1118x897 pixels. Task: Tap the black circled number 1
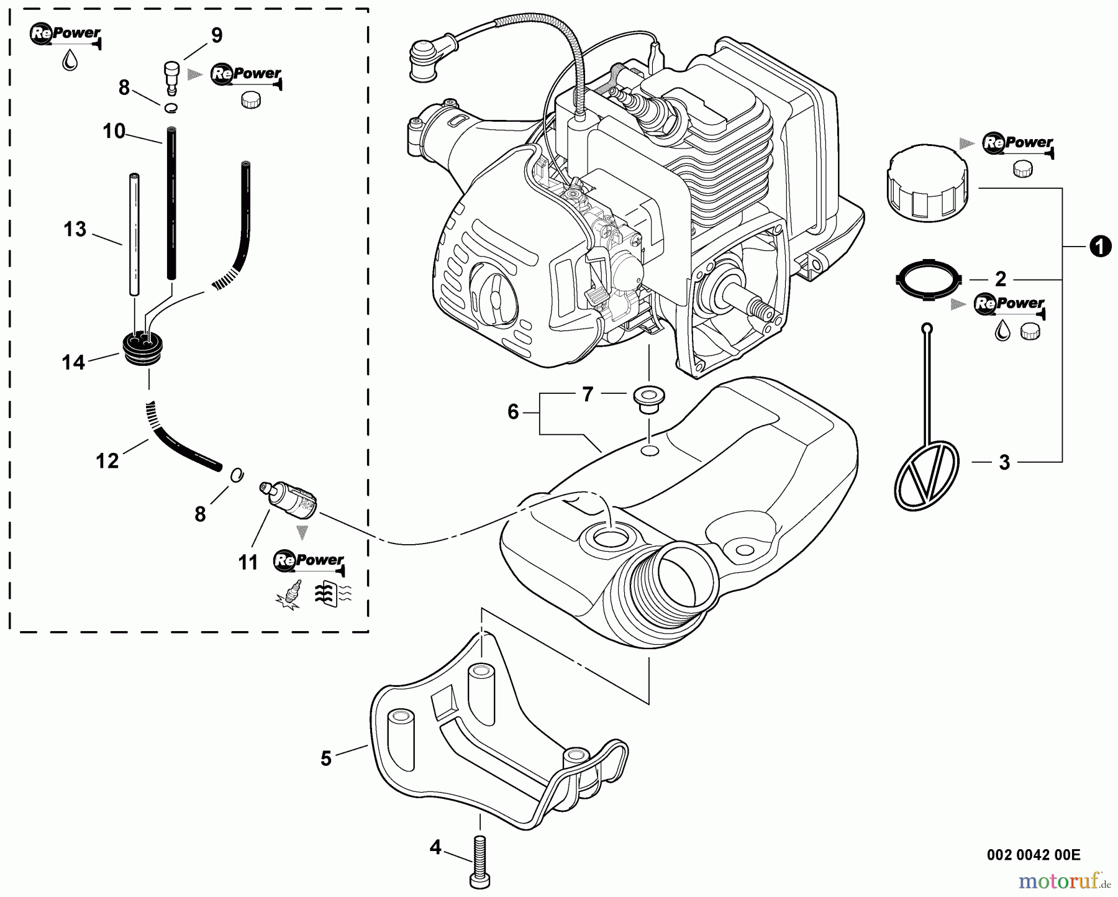1099,247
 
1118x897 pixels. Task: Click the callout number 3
1004,462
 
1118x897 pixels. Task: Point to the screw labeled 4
480,858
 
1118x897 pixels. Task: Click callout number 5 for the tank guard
326,758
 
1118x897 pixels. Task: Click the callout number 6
513,411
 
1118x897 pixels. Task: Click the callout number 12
107,460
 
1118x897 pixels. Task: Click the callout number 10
114,132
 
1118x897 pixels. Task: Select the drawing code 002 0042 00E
1034,855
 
